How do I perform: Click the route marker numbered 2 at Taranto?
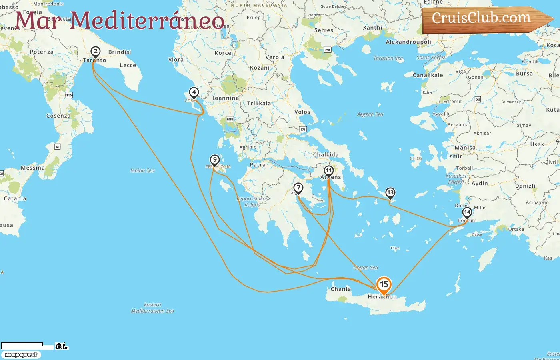point(95,52)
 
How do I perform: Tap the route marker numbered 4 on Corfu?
point(194,92)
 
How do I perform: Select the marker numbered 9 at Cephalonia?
point(215,160)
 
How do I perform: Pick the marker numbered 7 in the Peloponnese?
point(298,188)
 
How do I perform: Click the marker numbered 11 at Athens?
point(328,171)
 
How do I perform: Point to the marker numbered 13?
point(390,193)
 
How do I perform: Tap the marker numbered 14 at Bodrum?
point(467,212)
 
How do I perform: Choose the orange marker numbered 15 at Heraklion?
point(384,285)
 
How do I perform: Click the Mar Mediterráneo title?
point(119,20)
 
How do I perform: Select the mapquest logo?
point(21,355)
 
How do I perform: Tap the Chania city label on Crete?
point(340,289)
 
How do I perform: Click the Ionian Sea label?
point(142,170)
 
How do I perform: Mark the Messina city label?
point(33,168)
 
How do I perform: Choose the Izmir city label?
point(454,156)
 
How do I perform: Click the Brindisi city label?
point(120,52)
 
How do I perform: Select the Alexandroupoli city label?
point(408,42)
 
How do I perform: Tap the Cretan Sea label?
point(366,268)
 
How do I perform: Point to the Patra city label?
point(258,165)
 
